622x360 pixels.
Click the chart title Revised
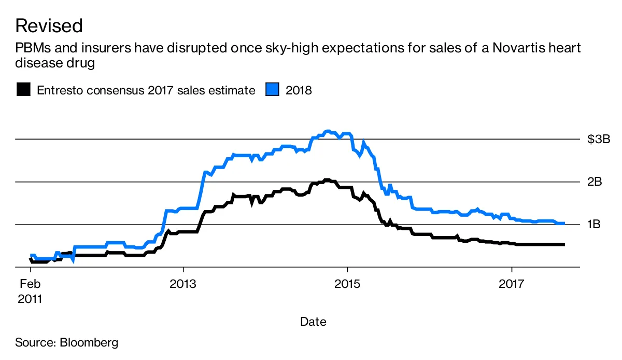pos(49,25)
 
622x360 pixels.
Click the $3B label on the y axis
pos(599,139)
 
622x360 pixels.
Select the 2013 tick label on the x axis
pos(183,284)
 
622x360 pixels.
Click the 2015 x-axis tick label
pos(347,284)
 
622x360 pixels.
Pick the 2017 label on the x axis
pos(512,284)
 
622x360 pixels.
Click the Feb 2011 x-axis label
pos(31,292)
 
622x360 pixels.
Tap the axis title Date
pos(313,322)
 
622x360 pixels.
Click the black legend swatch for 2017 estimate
pos(23,90)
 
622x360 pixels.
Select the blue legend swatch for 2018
pos(273,90)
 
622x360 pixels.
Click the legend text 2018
pos(299,90)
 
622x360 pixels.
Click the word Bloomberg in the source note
pos(89,342)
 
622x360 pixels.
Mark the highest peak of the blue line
pos(327,131)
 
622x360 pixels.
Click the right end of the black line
pos(563,244)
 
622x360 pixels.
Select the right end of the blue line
pos(563,223)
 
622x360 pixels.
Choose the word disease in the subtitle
pos(35,63)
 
